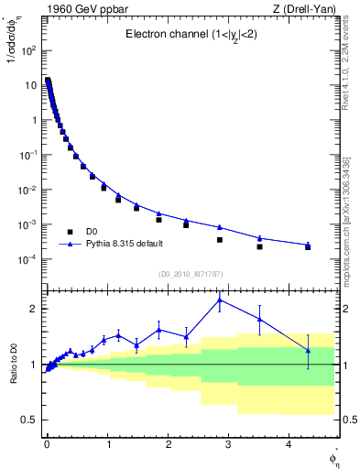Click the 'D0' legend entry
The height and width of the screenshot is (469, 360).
pos(91,232)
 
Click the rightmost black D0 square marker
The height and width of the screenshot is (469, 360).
pos(308,247)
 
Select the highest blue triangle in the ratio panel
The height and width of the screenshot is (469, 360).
pos(219,300)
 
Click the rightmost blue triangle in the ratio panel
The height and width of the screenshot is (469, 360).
pos(308,350)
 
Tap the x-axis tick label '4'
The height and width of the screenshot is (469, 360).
pos(289,445)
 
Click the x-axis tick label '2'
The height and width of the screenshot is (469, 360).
pos(168,445)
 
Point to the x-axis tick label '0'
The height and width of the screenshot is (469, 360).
pos(47,445)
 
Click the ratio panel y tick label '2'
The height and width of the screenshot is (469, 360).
pos(34,309)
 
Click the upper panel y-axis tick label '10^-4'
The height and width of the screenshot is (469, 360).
pos(28,259)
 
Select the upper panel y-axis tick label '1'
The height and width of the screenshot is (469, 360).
pos(34,120)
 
